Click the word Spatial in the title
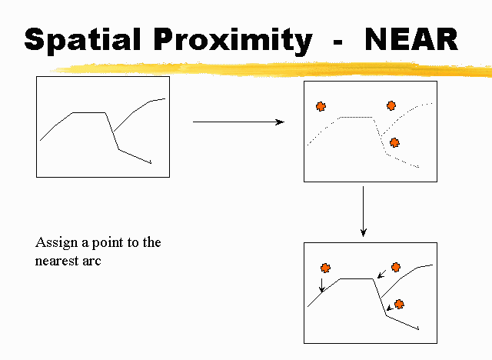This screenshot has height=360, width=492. [x=82, y=40]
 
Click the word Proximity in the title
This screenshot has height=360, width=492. [x=233, y=41]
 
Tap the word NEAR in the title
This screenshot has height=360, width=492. [x=411, y=39]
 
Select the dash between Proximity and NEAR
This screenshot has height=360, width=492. [x=337, y=42]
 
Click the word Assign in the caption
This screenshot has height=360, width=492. [x=56, y=243]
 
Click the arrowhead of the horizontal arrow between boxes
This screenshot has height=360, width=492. [x=280, y=122]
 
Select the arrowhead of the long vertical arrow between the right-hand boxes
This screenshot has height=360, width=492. [x=364, y=232]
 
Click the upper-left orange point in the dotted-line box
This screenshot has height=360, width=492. [x=321, y=106]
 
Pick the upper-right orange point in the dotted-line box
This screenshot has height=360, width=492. [x=391, y=106]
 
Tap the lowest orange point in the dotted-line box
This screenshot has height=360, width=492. [x=394, y=143]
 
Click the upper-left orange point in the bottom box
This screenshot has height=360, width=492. [x=325, y=268]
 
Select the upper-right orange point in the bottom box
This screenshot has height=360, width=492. [x=396, y=267]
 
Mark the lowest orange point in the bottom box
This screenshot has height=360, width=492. [x=399, y=304]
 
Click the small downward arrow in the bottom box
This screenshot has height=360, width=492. [x=321, y=285]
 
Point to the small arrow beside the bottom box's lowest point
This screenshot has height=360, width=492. [x=390, y=308]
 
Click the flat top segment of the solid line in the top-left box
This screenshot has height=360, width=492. [x=89, y=112]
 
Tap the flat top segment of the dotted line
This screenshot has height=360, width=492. [x=357, y=117]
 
